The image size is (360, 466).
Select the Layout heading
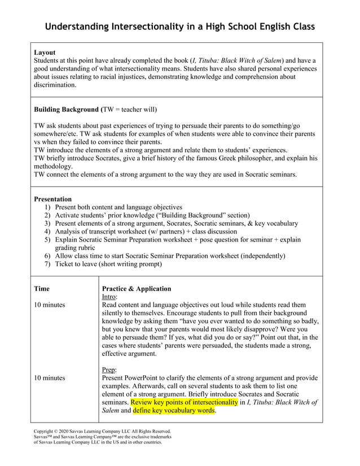pos(45,52)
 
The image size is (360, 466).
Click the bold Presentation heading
pos(53,199)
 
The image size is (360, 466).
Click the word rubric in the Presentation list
pos(84,248)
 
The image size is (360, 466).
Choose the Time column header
pos(42,289)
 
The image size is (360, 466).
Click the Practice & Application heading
pos(136,289)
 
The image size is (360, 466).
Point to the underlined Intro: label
pos(109,297)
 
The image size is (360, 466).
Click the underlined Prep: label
pos(109,370)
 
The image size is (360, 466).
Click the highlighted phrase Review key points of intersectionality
pos(184,402)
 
